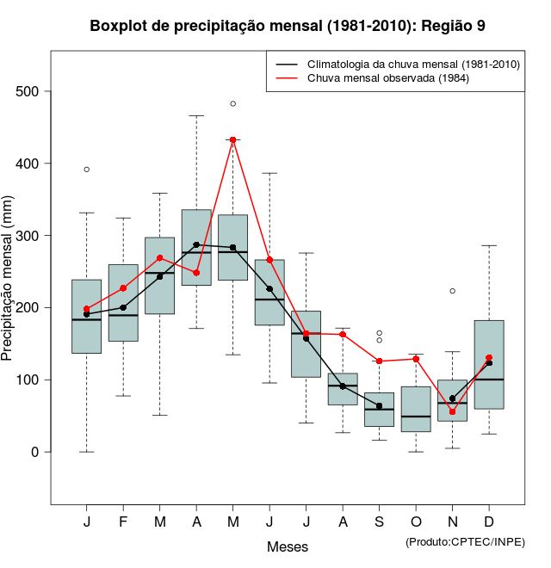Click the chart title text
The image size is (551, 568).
click(x=288, y=26)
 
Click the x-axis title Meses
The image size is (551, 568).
click(x=288, y=547)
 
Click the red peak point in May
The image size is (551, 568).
click(x=233, y=139)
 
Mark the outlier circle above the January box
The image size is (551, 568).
click(x=87, y=170)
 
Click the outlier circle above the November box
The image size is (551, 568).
click(x=453, y=291)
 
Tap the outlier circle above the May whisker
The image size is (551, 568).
click(x=233, y=103)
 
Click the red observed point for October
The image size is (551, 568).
click(x=416, y=359)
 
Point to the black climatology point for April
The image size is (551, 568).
click(x=196, y=244)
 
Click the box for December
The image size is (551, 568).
click(x=489, y=365)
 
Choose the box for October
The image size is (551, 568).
click(x=416, y=409)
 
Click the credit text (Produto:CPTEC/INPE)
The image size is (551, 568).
click(x=465, y=541)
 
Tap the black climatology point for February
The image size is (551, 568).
click(x=123, y=307)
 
